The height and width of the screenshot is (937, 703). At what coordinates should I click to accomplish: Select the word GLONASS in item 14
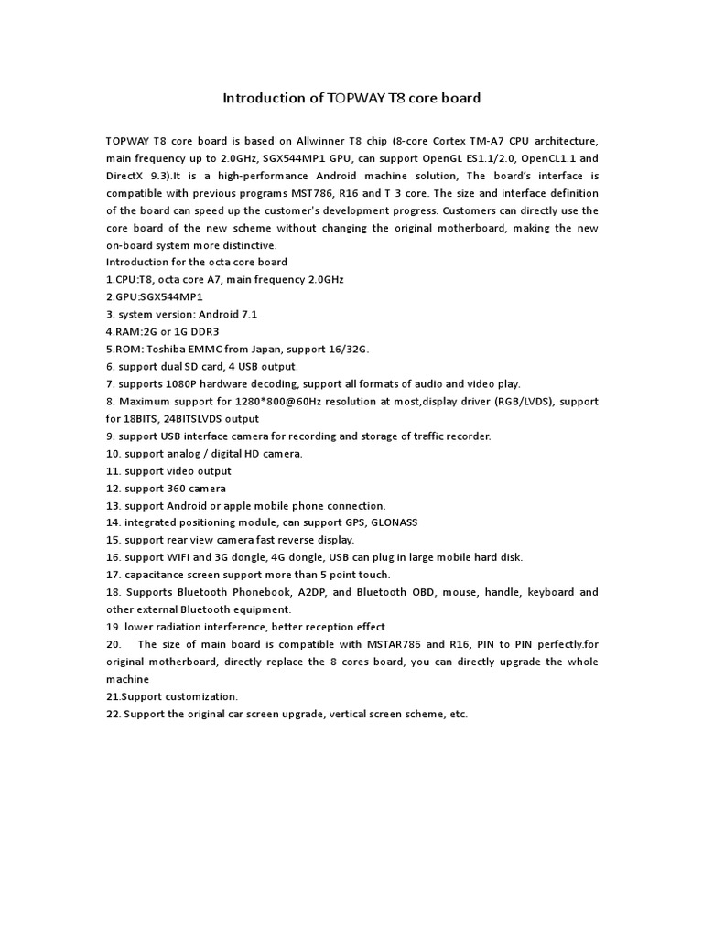click(391, 522)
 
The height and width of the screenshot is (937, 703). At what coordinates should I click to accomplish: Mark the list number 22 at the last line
click(114, 714)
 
